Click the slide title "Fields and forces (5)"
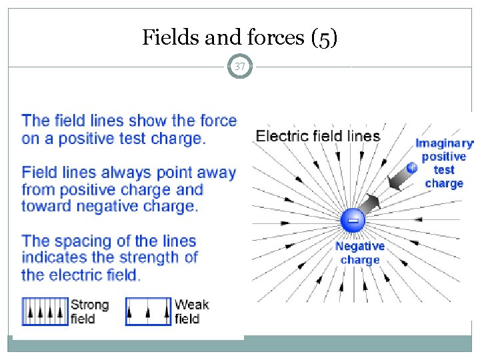tap(240, 38)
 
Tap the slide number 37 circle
tap(240, 67)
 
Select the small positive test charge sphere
tap(412, 168)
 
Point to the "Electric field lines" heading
tap(318, 137)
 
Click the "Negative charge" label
tap(360, 253)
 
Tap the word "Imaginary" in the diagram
tap(444, 143)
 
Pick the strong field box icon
tap(45, 311)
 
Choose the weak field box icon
tap(148, 311)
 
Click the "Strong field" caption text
tap(89, 311)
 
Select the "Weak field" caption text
tap(191, 311)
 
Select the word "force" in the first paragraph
tap(216, 121)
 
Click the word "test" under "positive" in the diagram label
tap(444, 170)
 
